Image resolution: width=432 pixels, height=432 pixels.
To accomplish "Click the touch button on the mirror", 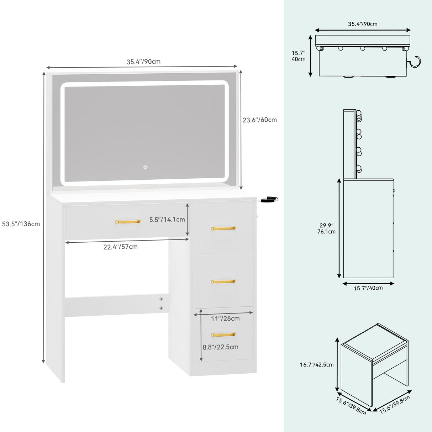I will click(145, 167).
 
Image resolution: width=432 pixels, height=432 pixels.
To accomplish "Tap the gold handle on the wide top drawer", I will click(128, 222).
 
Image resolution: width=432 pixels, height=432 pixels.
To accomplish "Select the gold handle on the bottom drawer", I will click(223, 334).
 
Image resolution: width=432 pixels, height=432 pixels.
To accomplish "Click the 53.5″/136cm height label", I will click(21, 224).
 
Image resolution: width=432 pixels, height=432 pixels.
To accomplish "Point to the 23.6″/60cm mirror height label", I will click(259, 120).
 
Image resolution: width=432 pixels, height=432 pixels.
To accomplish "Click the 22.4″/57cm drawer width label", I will click(120, 247).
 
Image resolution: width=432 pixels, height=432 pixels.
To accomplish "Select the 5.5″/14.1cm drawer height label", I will click(167, 220).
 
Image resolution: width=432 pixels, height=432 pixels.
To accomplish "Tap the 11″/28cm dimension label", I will click(225, 318).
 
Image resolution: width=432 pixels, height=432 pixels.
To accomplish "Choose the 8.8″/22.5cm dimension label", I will click(220, 347).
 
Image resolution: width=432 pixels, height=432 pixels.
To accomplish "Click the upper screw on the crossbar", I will click(161, 299).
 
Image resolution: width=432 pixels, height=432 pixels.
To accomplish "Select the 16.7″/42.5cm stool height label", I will click(317, 364).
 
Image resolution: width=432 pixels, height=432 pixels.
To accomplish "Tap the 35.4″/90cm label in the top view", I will click(362, 24).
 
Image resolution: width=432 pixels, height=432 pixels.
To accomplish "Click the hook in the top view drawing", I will click(415, 62).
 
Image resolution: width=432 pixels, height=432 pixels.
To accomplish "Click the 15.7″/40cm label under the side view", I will click(368, 288).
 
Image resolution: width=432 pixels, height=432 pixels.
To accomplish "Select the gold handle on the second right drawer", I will click(223, 281).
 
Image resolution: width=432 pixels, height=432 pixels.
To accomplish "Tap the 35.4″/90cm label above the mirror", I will click(143, 62).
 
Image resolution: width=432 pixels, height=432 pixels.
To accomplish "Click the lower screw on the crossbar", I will click(161, 308).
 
